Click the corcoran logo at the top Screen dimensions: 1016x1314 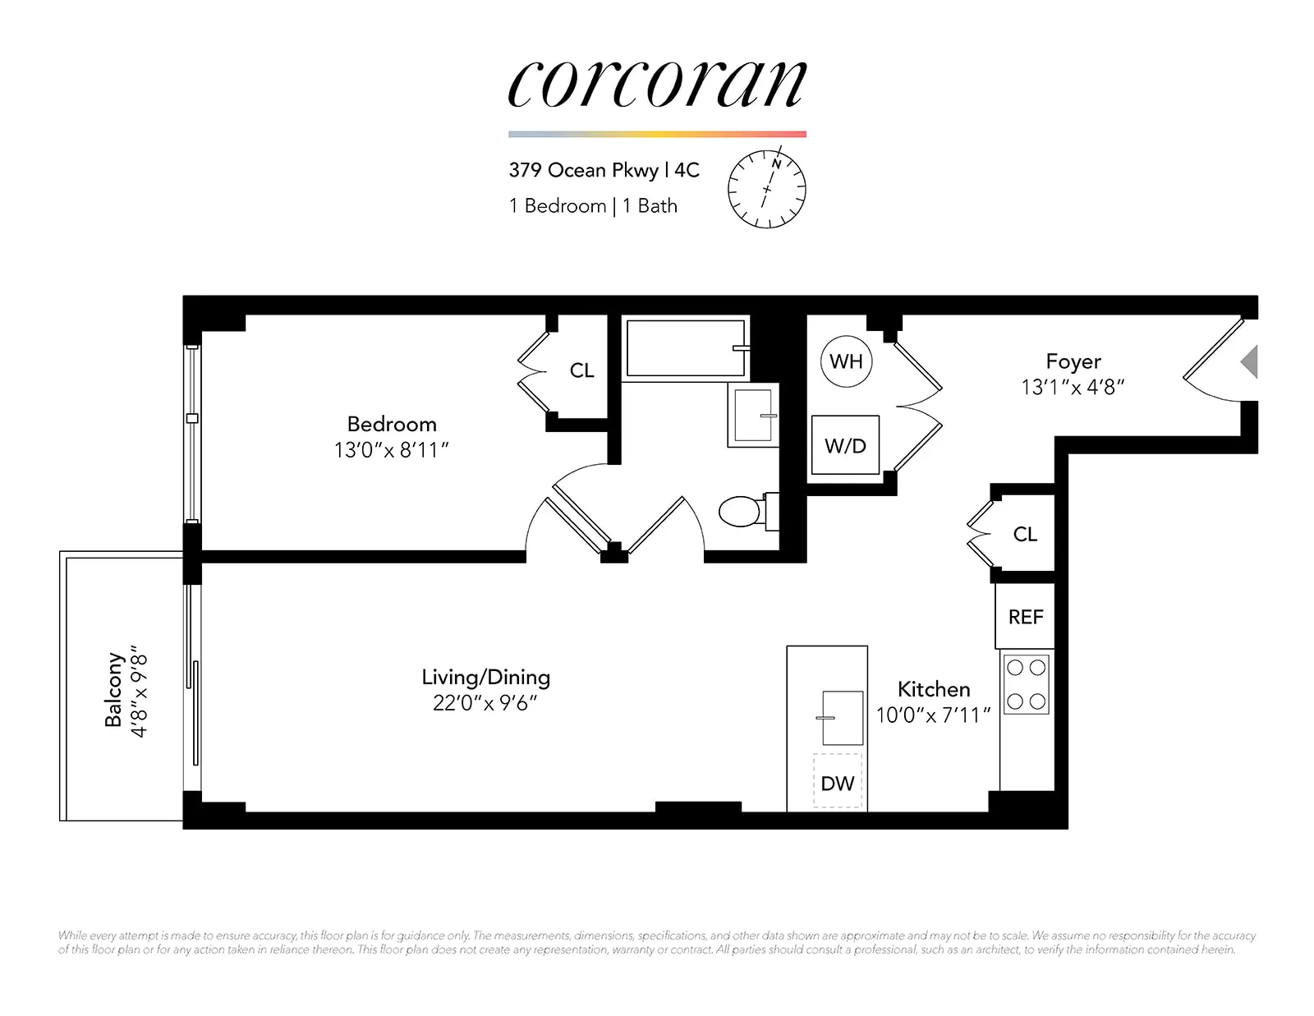657,85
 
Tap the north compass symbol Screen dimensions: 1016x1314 766,189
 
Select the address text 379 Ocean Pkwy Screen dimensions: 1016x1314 583,170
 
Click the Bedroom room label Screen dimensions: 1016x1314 392,424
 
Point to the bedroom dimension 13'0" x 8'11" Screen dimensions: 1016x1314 392,450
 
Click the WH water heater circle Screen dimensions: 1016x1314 846,361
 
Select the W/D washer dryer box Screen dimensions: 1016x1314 845,445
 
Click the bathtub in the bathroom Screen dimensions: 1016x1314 686,348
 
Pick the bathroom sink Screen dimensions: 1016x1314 753,416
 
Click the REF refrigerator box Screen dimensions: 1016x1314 1025,617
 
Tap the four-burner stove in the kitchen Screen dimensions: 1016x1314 1027,684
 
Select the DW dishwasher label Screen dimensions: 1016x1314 838,784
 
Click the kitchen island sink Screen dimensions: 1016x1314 843,718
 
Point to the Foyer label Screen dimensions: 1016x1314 1073,361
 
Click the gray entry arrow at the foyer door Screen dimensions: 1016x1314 1249,361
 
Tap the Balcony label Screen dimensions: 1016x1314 113,690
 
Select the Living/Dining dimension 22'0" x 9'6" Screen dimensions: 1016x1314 485,703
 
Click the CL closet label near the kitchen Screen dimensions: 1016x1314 1025,534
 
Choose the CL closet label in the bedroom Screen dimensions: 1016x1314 581,370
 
